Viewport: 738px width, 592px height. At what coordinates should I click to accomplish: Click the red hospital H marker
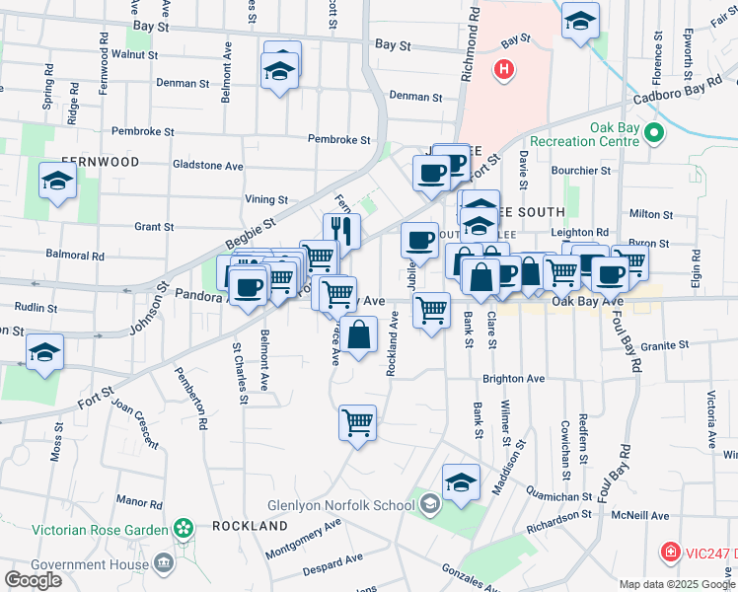tap(504, 70)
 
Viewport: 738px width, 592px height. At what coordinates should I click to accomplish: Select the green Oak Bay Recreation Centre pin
tap(652, 132)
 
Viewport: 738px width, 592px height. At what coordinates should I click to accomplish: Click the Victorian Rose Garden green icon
tap(182, 530)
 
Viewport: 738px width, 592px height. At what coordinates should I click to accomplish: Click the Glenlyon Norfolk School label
tap(340, 505)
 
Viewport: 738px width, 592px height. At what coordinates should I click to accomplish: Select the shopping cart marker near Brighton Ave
tap(357, 423)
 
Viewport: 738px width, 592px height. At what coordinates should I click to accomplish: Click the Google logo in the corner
tap(33, 580)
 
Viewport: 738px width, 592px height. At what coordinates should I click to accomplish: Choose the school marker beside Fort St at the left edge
tap(44, 352)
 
